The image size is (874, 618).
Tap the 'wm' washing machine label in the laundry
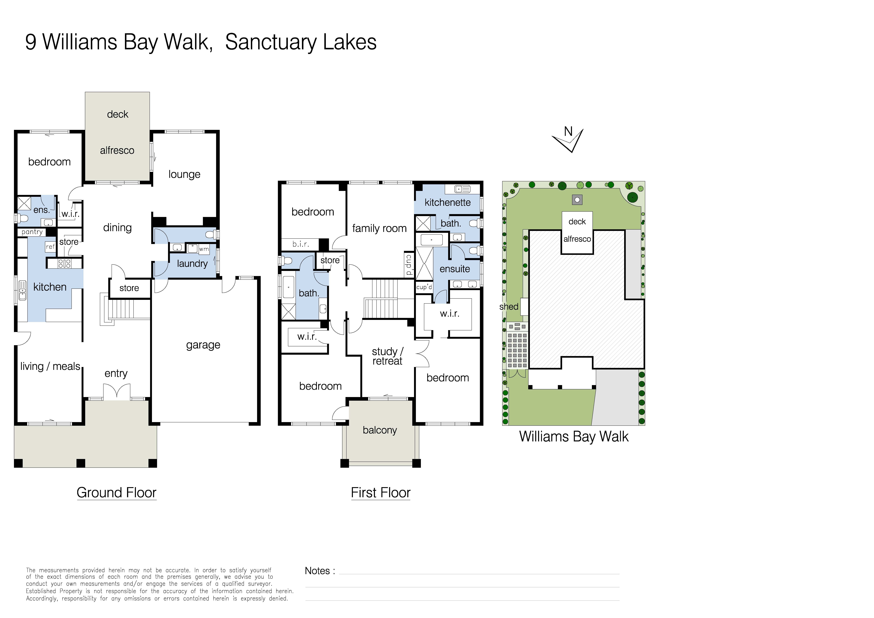click(204, 249)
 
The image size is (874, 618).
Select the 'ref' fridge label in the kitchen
click(50, 247)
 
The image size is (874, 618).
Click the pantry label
click(32, 232)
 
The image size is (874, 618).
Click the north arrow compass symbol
click(568, 140)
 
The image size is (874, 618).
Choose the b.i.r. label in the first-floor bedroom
click(300, 244)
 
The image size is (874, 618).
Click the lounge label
click(184, 174)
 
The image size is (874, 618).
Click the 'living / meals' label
click(50, 366)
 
